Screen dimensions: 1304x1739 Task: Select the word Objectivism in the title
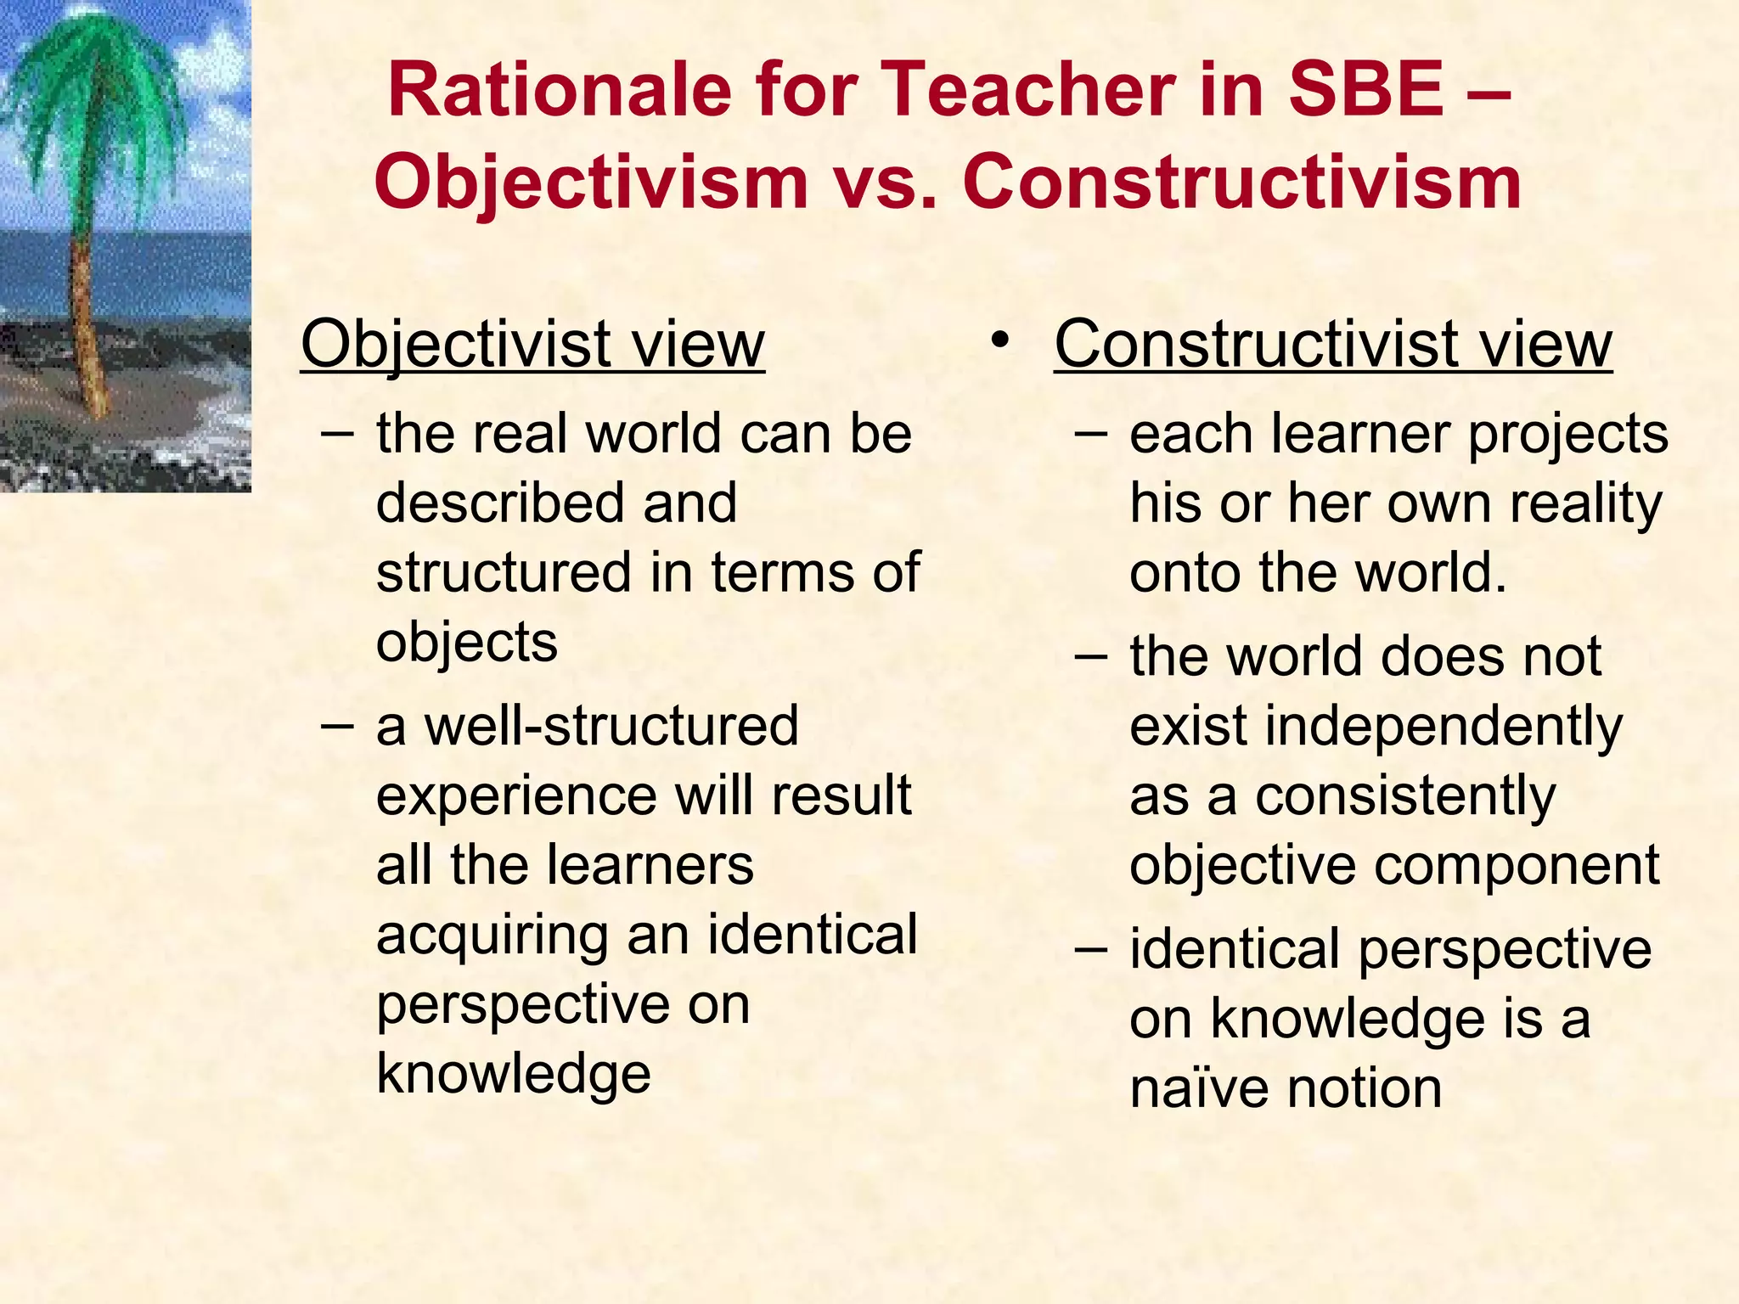[591, 183]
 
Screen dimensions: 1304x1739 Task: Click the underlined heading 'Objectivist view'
[532, 344]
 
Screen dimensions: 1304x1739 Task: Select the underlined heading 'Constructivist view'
[1332, 344]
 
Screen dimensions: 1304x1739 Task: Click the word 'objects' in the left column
[466, 643]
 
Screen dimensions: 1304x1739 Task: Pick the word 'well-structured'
[611, 726]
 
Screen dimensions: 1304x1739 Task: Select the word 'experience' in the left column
[516, 796]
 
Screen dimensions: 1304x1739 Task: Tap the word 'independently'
[1444, 728]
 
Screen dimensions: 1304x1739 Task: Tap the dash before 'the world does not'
[1091, 658]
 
